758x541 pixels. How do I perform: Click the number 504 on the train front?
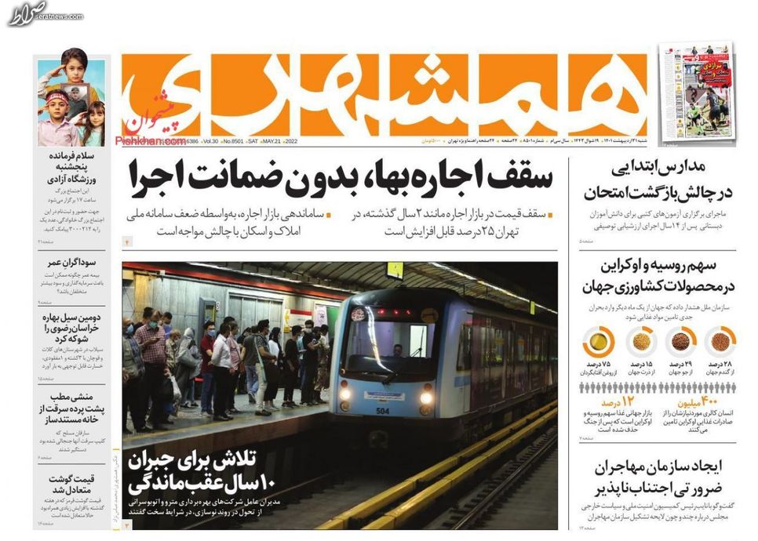pyautogui.click(x=383, y=412)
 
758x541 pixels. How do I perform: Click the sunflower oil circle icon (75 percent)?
pyautogui.click(x=598, y=342)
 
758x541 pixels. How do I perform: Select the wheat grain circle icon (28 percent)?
pyautogui.click(x=719, y=342)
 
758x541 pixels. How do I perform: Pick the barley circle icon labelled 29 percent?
pyautogui.click(x=680, y=342)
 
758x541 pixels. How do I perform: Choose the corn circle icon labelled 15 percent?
pyautogui.click(x=640, y=342)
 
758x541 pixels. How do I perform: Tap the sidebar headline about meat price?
pyautogui.click(x=70, y=484)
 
